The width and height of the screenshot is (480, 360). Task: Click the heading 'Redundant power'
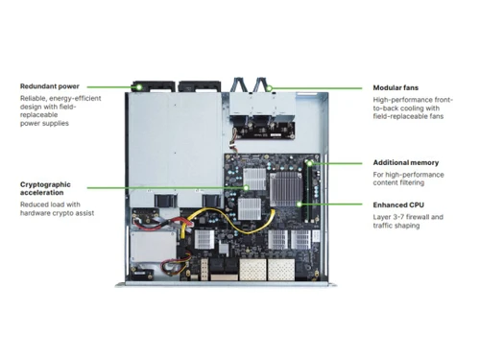pyautogui.click(x=49, y=86)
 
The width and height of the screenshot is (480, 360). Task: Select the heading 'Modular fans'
pyautogui.click(x=396, y=87)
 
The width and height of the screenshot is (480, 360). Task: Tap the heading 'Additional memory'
pyautogui.click(x=406, y=162)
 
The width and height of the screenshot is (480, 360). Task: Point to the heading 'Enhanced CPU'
pyautogui.click(x=397, y=204)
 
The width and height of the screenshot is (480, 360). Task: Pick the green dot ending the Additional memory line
pyautogui.click(x=311, y=162)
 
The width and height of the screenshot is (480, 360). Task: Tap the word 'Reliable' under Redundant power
pyautogui.click(x=36, y=99)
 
